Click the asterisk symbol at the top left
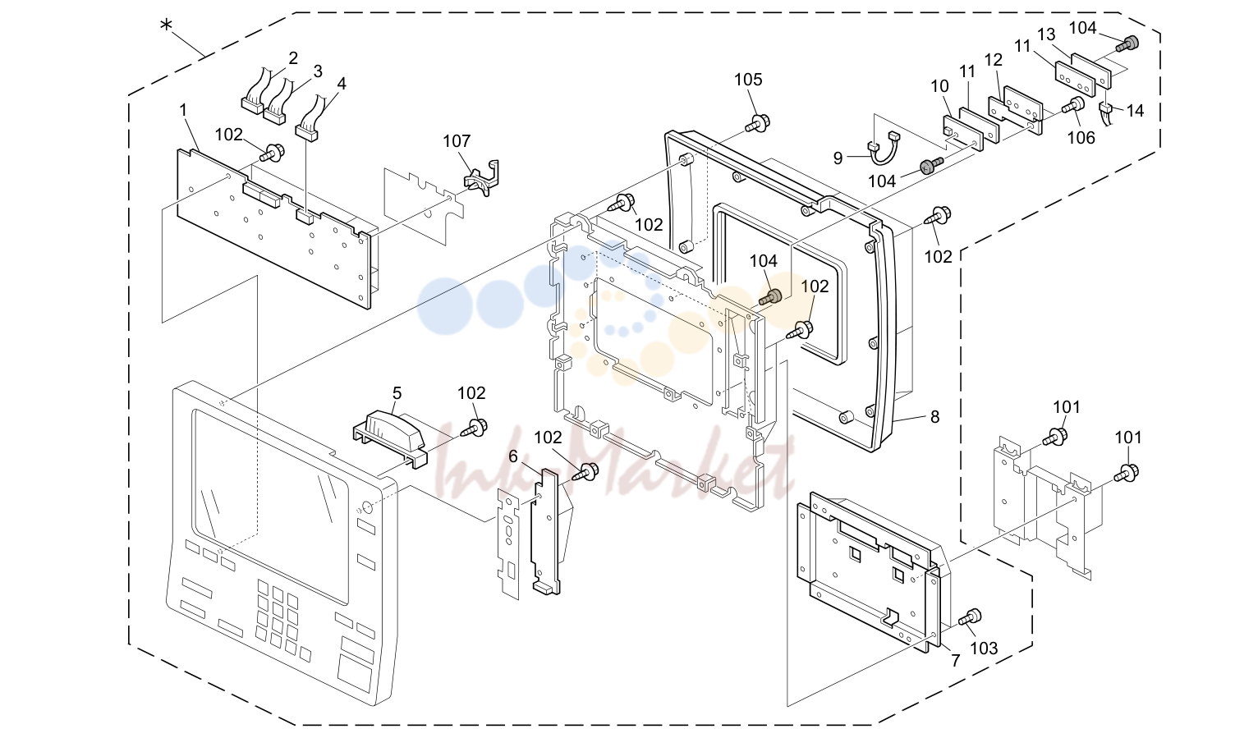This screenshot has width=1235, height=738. click(166, 25)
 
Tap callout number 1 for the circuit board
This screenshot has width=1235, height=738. click(184, 110)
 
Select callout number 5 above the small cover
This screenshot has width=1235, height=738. click(397, 393)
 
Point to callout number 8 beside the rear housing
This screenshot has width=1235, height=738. click(934, 417)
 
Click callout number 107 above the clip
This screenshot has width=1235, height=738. click(457, 141)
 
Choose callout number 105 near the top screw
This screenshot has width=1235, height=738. click(748, 80)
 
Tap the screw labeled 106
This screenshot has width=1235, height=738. click(1075, 105)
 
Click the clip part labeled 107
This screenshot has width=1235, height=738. click(480, 178)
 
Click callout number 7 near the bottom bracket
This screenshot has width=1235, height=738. click(956, 660)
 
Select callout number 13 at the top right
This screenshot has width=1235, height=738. click(1046, 34)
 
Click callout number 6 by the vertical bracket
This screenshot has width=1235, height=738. click(513, 456)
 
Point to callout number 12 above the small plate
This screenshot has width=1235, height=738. click(994, 60)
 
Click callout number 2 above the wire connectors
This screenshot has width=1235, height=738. click(293, 57)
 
